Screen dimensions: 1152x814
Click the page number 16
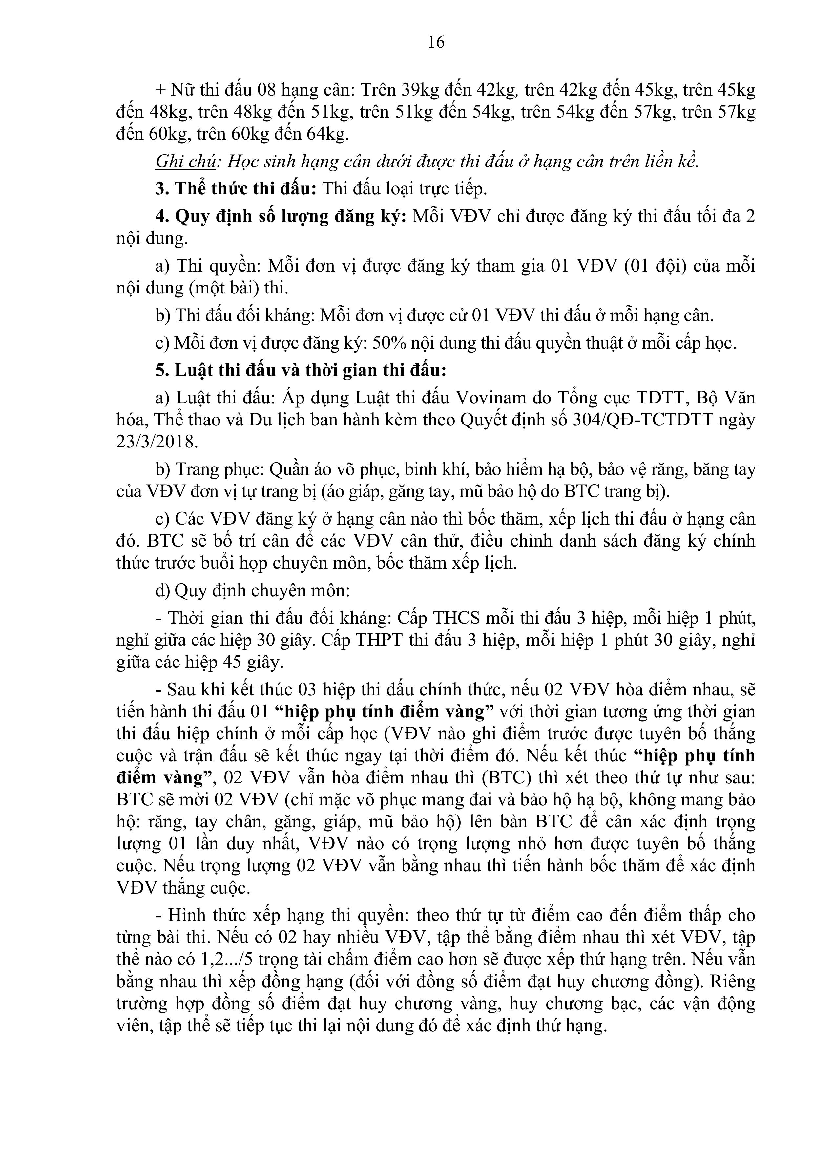pyautogui.click(x=436, y=42)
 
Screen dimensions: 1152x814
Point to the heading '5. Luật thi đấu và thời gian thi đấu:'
pyautogui.click(x=301, y=370)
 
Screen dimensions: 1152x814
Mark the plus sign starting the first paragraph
pyautogui.click(x=160, y=90)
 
